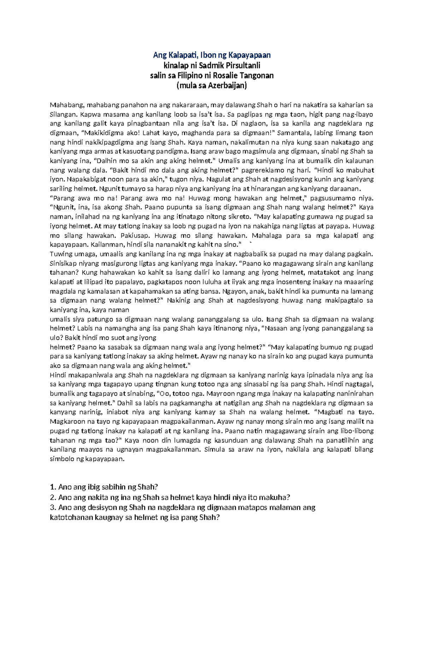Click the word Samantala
click(295, 133)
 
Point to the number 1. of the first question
click(53, 487)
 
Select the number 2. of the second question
click(53, 498)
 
